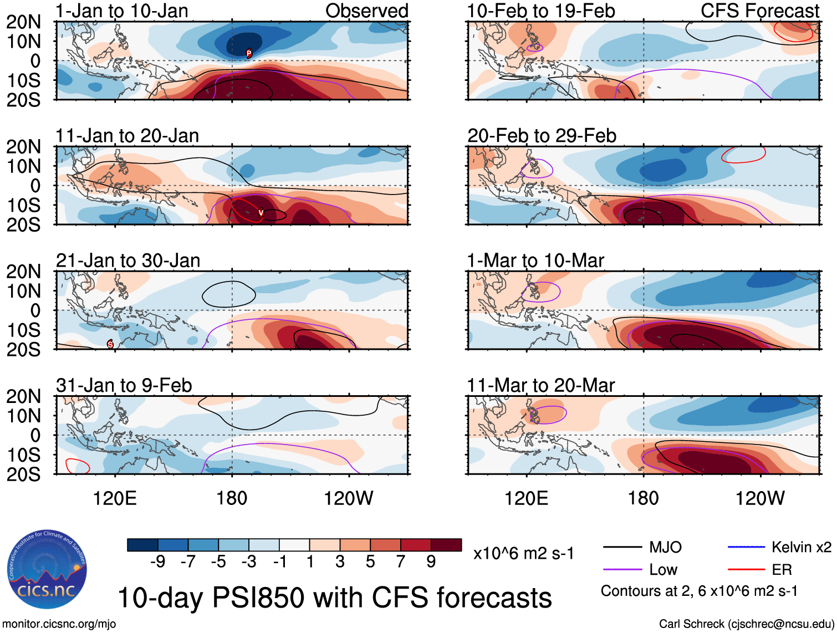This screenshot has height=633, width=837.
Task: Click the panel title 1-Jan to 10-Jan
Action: coord(122,11)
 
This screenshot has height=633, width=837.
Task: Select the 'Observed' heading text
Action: coord(367,11)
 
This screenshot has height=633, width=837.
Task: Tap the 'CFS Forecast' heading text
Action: coord(760,11)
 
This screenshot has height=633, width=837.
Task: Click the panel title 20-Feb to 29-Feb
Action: coord(542,136)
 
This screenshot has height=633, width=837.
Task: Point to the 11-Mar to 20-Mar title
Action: coord(541,385)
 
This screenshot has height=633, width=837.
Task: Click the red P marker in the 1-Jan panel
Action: coord(249,53)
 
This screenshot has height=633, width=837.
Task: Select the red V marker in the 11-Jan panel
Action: coord(261,213)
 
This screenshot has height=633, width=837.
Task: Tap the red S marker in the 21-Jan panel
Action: coord(110,344)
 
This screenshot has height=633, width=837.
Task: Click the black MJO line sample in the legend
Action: coord(622,548)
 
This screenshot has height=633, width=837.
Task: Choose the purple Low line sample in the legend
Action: coord(622,570)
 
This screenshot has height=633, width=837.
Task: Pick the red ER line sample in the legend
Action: coord(746,570)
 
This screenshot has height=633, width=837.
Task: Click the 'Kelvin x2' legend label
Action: coord(801,548)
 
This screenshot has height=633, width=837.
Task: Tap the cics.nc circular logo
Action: coord(47,569)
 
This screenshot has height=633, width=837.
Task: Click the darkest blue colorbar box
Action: coord(142,545)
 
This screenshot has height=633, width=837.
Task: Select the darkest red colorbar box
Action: coord(446,545)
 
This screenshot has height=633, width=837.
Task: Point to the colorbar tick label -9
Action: coord(158,562)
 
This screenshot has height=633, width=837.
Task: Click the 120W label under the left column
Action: coord(349,498)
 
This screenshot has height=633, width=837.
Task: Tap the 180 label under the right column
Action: coord(643,498)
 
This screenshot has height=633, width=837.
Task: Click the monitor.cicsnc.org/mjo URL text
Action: coord(59,624)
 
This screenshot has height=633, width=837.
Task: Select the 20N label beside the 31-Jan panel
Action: coord(24,396)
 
